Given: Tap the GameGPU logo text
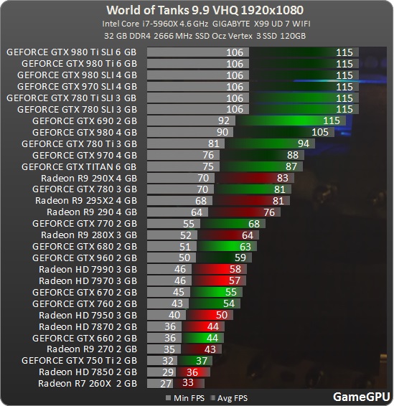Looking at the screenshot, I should (x=361, y=396).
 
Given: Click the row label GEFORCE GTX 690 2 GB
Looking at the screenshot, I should (x=84, y=121).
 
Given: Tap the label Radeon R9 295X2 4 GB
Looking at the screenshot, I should (x=85, y=200).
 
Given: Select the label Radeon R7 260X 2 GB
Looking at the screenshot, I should (x=88, y=383).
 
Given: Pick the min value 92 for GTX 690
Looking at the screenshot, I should (x=223, y=121).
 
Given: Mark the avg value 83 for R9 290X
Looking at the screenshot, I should (x=282, y=178).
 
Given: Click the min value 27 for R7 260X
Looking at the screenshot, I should (x=166, y=383).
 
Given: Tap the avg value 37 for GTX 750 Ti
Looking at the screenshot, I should (x=202, y=360).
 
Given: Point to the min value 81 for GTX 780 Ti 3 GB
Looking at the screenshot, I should (x=214, y=143).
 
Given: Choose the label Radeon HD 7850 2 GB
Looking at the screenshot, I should (x=88, y=372).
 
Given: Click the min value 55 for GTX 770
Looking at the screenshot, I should (x=188, y=223).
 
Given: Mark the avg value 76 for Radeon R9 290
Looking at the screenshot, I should (x=269, y=212).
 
